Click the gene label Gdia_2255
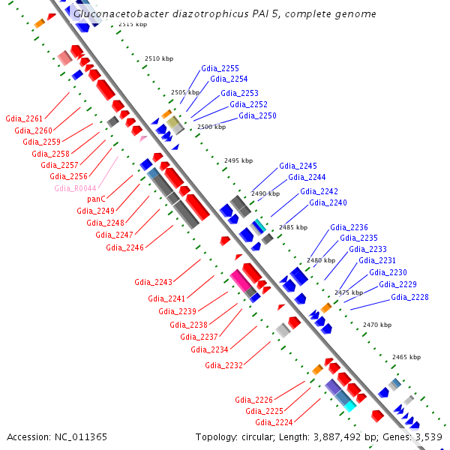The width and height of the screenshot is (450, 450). click(220, 68)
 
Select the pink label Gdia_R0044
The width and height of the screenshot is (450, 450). click(75, 188)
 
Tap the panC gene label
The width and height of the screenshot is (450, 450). click(97, 199)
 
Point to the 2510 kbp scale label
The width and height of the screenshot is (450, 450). click(159, 58)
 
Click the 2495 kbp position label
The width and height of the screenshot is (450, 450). click(238, 160)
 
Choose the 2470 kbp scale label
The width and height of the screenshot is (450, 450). click(377, 325)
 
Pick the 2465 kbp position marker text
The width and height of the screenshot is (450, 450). click(406, 357)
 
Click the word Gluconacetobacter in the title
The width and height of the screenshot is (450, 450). click(121, 13)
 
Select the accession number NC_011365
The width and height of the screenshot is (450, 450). click(81, 437)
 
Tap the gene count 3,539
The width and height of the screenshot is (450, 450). click(429, 437)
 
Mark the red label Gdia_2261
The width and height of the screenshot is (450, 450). click(24, 118)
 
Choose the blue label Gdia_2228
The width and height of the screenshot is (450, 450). click(409, 297)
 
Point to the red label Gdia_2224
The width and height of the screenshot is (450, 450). click(274, 422)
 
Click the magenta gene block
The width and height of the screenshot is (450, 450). click(241, 280)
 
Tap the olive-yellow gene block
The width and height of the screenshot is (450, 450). click(173, 122)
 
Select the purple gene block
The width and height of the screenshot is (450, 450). click(333, 386)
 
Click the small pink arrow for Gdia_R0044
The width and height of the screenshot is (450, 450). click(143, 139)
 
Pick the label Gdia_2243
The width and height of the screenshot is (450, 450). click(153, 282)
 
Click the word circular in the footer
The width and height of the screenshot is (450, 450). click(258, 437)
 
